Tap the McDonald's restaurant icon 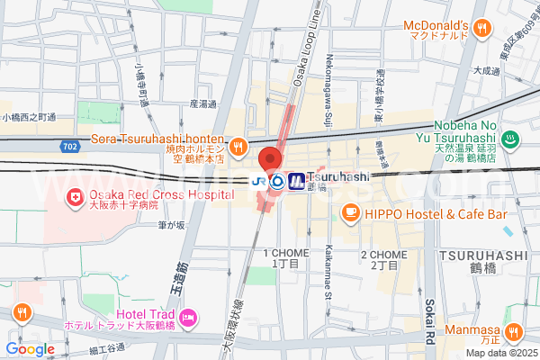click(482, 28)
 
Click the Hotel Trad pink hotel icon click(188, 316)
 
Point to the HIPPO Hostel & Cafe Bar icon click(349, 212)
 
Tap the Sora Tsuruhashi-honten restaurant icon click(238, 146)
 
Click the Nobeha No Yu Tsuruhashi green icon click(510, 139)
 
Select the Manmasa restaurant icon click(514, 331)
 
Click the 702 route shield click(71, 144)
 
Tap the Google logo click(30, 348)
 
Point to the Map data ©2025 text click(498, 351)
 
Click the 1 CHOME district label click(280, 259)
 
